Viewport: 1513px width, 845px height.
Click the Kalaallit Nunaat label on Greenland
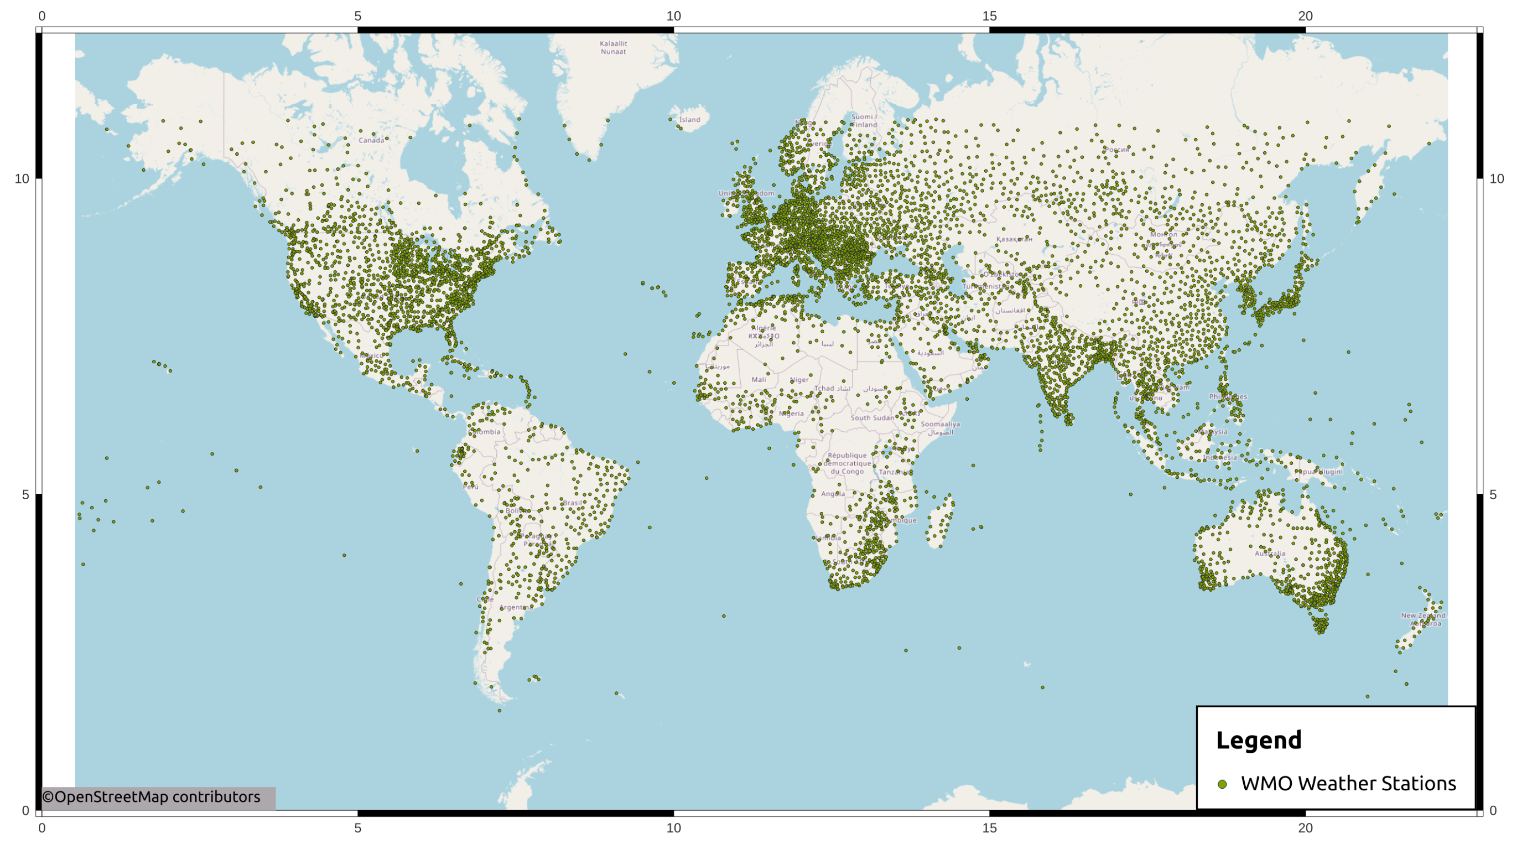coord(613,48)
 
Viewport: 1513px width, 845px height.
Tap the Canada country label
coord(371,140)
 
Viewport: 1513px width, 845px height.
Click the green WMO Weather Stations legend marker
coord(1222,784)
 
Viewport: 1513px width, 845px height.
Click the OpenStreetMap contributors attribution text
coord(151,797)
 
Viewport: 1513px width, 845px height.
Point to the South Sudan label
coord(872,418)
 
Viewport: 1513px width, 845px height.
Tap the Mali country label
coord(759,380)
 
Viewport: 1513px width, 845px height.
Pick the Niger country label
coord(799,380)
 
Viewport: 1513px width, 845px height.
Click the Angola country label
coord(833,494)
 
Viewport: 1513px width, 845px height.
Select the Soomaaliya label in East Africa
coord(940,424)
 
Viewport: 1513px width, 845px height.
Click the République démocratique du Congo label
coord(847,463)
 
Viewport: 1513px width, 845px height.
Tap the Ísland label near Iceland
coord(689,120)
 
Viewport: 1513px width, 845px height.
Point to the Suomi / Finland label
coord(864,121)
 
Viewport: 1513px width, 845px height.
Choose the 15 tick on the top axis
coord(990,16)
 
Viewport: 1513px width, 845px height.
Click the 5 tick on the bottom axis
coord(358,829)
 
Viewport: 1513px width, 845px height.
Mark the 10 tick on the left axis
coord(22,179)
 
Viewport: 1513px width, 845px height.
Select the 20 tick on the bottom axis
coord(1305,829)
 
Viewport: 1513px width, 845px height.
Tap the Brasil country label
coord(573,503)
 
